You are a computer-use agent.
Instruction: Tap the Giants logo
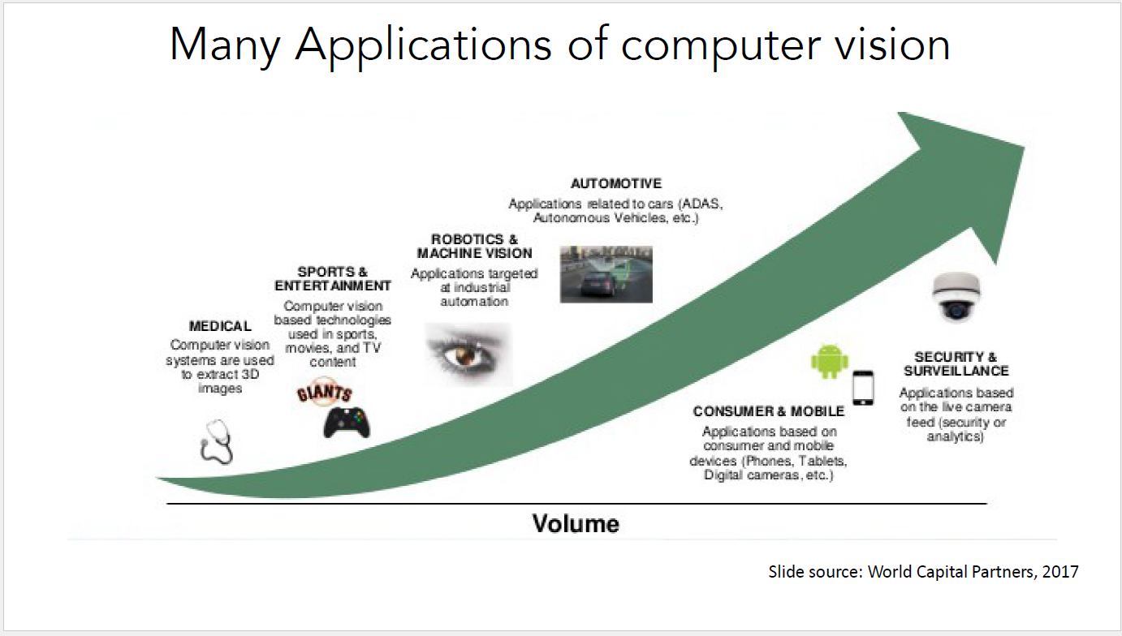[324, 394]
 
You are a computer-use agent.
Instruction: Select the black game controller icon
[347, 422]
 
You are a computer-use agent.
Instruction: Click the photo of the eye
[468, 353]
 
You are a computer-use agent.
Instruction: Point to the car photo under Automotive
[606, 274]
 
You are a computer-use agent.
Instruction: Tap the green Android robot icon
[829, 361]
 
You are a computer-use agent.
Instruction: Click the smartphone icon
[863, 388]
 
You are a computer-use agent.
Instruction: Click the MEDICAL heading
[220, 326]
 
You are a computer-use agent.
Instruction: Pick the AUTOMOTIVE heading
[615, 183]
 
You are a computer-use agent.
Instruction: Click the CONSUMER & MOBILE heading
[769, 411]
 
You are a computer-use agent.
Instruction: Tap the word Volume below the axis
[576, 523]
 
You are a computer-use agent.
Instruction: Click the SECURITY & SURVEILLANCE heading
[956, 363]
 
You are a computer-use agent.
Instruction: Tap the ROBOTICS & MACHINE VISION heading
[474, 246]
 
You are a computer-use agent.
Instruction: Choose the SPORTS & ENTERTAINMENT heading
[333, 278]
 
